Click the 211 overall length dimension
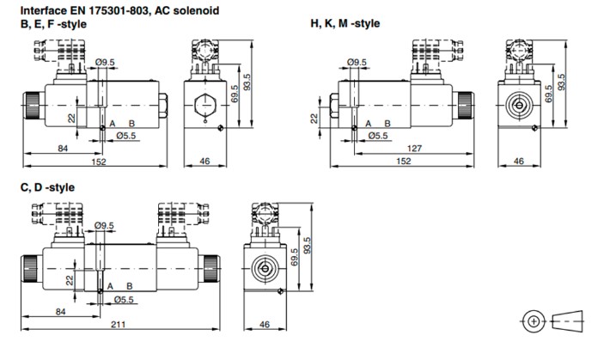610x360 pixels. click(x=118, y=324)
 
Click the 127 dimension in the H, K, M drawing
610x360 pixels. click(x=414, y=149)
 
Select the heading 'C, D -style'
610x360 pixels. click(x=47, y=187)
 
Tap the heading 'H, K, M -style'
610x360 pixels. click(x=345, y=23)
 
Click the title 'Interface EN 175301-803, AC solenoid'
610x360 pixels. click(x=119, y=10)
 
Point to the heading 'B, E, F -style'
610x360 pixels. click(x=53, y=24)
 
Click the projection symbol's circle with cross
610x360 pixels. click(x=534, y=321)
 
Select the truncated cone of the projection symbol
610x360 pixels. click(x=568, y=321)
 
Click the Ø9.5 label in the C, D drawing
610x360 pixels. click(x=104, y=226)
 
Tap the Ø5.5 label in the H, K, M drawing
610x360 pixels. click(x=378, y=136)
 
